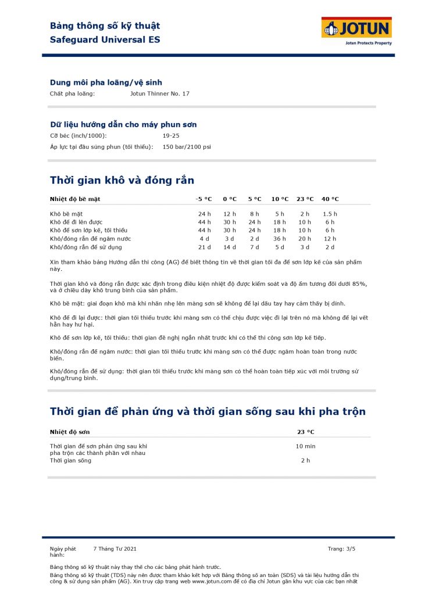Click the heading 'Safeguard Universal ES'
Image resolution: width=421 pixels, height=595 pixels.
105,40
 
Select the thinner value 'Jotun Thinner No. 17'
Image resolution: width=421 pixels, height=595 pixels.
160,94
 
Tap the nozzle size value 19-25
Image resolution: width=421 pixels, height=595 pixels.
171,135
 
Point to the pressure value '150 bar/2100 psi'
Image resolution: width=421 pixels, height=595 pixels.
187,147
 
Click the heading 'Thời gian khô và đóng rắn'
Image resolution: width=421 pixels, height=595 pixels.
122,180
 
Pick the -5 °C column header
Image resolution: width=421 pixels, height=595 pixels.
204,199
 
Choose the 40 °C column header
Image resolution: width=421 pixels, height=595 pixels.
330,199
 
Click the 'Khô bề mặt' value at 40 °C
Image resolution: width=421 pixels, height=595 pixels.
330,214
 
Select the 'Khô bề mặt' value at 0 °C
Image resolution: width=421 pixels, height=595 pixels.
230,214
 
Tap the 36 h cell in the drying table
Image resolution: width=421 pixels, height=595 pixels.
280,239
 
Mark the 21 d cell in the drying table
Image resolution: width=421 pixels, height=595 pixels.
204,247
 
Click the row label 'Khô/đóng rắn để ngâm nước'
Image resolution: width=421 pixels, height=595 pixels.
90,239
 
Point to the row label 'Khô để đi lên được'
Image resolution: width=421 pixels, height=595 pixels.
76,222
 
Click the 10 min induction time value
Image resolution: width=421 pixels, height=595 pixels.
305,446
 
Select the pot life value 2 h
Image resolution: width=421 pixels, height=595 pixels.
305,460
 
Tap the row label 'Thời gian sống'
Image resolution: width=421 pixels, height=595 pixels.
70,460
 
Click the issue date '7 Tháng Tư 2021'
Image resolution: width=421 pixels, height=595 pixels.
115,549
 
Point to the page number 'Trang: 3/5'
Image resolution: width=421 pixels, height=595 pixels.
341,549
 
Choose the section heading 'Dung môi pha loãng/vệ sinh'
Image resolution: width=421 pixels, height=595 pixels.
106,83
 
